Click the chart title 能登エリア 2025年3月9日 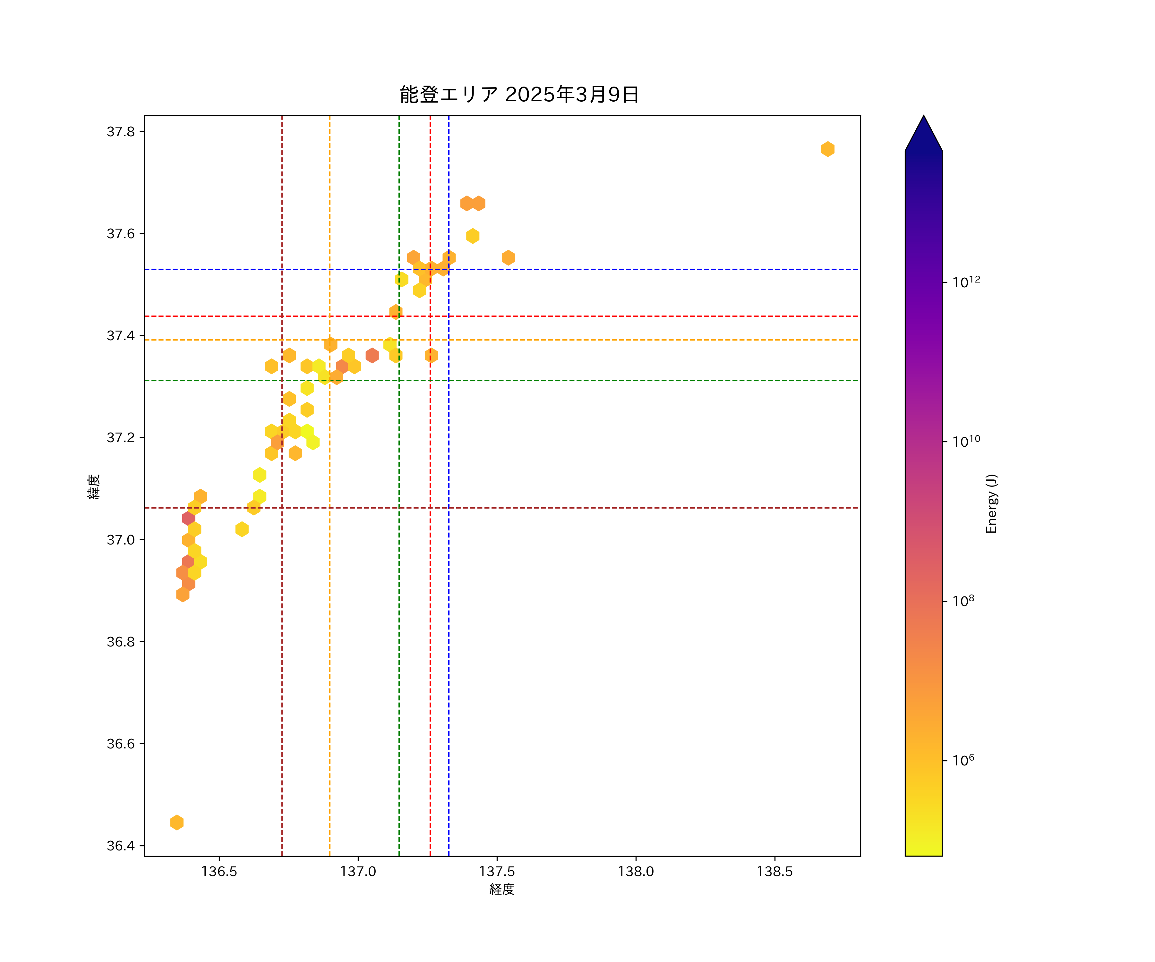(519, 95)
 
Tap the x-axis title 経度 (501, 889)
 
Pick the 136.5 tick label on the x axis (219, 871)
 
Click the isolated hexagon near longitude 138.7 (828, 149)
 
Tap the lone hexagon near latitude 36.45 (176, 823)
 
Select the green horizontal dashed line (605, 380)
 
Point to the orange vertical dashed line (330, 605)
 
